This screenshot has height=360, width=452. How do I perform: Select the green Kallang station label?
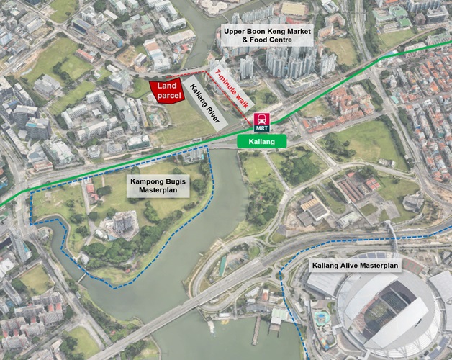pos(261,141)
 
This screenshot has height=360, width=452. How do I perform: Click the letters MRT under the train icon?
pos(261,126)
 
